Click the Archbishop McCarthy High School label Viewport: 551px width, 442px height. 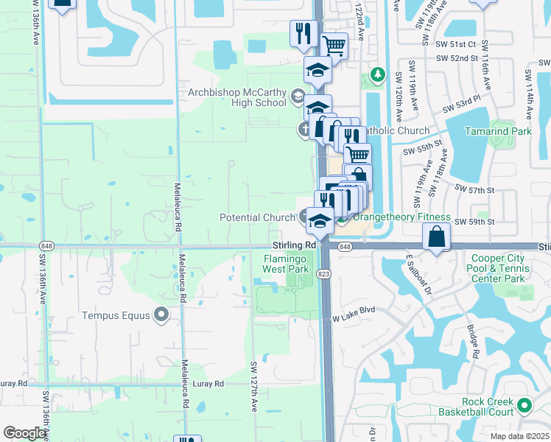pyautogui.click(x=237, y=97)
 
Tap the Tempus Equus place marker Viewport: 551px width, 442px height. pyautogui.click(x=161, y=316)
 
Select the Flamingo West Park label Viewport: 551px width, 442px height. pyautogui.click(x=287, y=264)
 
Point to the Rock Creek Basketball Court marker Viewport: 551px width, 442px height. pyautogui.click(x=524, y=405)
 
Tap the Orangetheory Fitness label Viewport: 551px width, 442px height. pyautogui.click(x=401, y=217)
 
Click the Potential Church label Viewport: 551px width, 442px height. pyautogui.click(x=257, y=217)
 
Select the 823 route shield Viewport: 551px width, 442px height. pyautogui.click(x=323, y=273)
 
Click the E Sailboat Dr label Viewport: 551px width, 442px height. pyautogui.click(x=418, y=276)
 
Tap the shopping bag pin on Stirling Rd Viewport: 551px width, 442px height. pyautogui.click(x=436, y=237)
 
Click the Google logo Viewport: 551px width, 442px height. pyautogui.click(x=24, y=434)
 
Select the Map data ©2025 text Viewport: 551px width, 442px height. pyautogui.click(x=519, y=436)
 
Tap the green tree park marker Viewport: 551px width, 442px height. pyautogui.click(x=377, y=74)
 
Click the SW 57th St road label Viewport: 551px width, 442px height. pyautogui.click(x=480, y=190)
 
